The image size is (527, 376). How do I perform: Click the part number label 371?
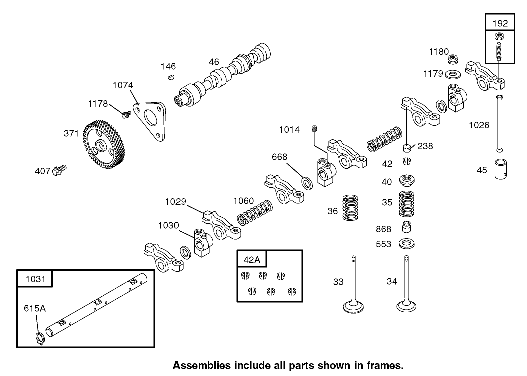point(71,133)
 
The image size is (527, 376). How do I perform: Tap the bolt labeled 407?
point(60,170)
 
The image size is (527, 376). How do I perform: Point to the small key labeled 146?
point(170,77)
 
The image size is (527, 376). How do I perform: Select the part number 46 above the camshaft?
point(214,62)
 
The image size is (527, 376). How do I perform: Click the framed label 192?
point(500,23)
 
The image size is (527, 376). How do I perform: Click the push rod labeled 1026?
point(500,123)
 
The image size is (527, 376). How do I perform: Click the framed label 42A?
point(252,259)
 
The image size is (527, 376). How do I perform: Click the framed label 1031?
point(34,279)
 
